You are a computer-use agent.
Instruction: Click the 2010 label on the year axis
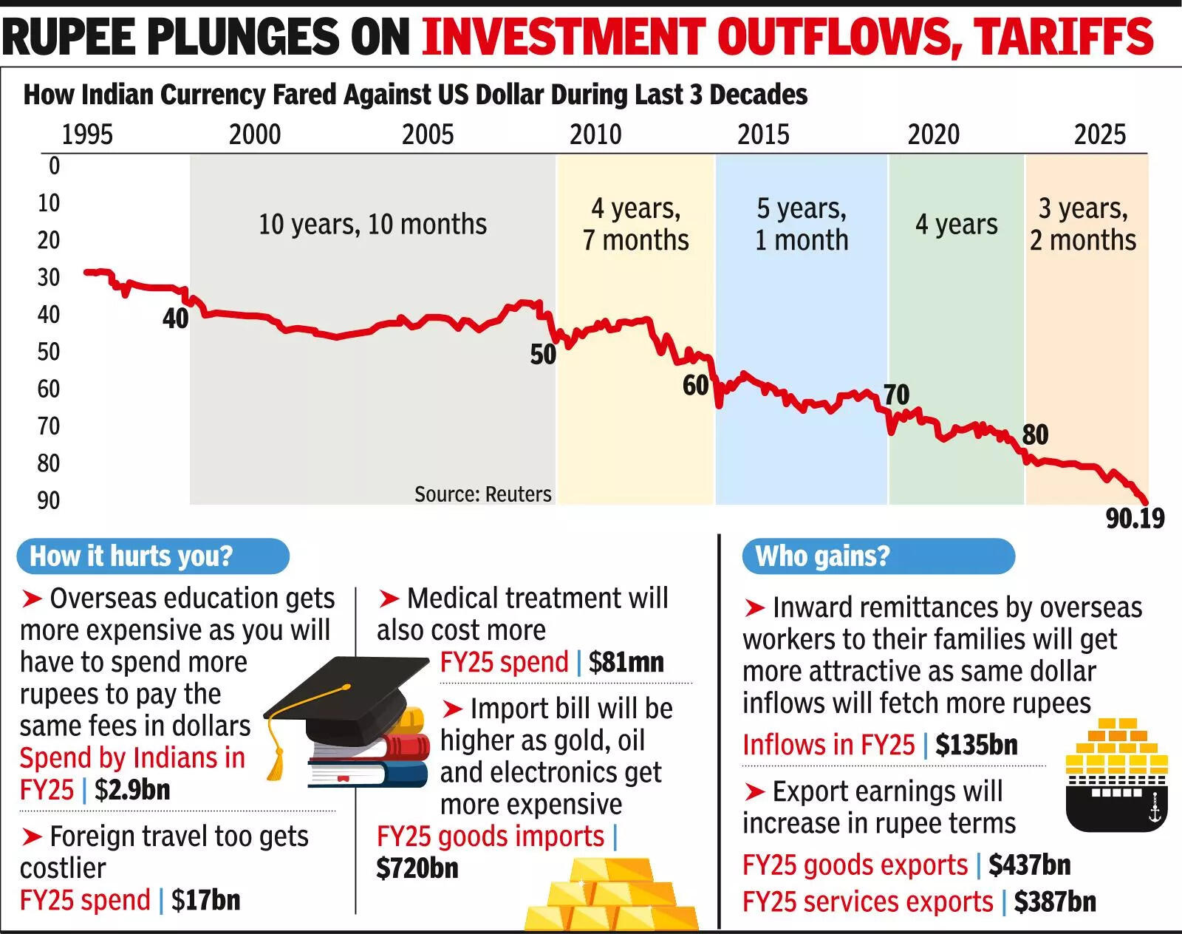[595, 134]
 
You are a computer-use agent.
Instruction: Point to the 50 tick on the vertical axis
[49, 352]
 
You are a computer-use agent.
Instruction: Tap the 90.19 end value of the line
[1135, 519]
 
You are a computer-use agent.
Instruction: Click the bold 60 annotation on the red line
[695, 386]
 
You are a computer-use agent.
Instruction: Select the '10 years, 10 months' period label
[372, 225]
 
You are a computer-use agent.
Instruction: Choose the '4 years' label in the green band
[956, 225]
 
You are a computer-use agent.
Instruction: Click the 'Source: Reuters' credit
[482, 494]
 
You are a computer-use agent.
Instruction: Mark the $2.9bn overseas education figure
[132, 790]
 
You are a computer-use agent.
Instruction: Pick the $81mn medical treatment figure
[626, 662]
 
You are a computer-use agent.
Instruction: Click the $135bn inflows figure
[976, 745]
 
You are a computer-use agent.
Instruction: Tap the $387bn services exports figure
[1054, 902]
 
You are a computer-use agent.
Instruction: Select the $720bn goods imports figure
[417, 868]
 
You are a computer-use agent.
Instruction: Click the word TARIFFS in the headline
[1062, 35]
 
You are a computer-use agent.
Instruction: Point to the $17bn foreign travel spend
[205, 900]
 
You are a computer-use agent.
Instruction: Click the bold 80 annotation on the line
[1035, 434]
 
